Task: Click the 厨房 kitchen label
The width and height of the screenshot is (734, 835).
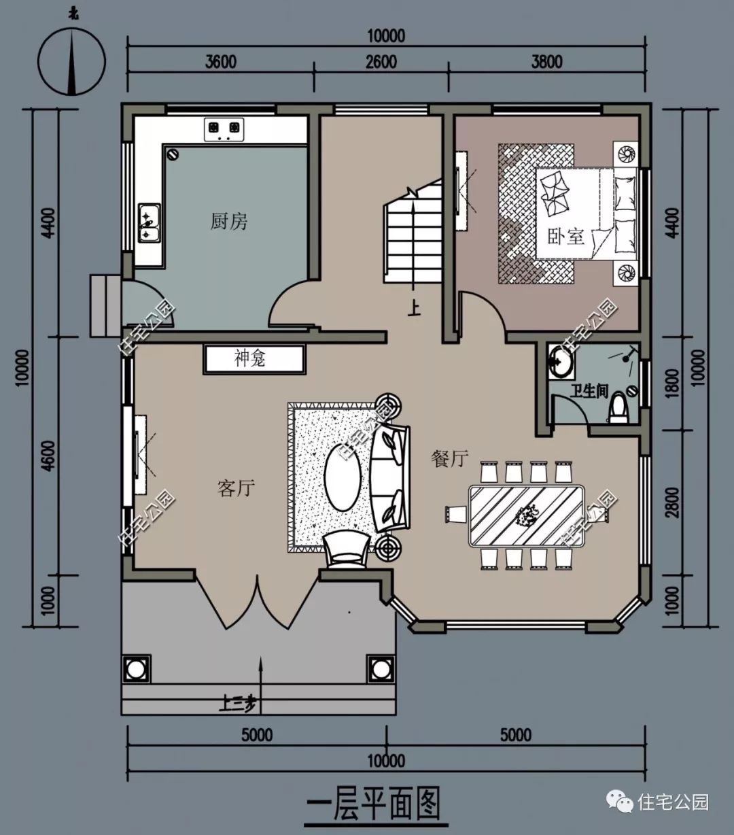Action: [x=228, y=222]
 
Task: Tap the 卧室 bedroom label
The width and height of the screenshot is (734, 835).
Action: [x=566, y=237]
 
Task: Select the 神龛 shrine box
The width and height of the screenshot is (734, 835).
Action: [x=254, y=360]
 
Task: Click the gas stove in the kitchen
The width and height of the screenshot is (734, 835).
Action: [x=224, y=130]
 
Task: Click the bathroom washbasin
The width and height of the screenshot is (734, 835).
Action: [x=560, y=362]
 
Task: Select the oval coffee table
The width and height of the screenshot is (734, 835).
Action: [x=343, y=477]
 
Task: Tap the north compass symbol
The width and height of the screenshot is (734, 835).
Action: [x=72, y=61]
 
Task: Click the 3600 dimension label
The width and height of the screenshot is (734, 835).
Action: [x=221, y=62]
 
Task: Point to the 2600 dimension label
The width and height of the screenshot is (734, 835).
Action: [x=381, y=62]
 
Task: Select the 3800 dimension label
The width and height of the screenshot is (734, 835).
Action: [x=546, y=62]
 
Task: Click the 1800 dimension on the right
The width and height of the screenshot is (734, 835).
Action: [x=671, y=384]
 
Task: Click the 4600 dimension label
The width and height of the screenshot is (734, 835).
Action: [x=49, y=456]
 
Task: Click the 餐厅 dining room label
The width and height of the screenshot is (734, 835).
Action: [x=450, y=458]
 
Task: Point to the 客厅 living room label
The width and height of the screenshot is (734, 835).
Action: [x=236, y=488]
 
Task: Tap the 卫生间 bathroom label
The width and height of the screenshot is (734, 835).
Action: [x=589, y=391]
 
